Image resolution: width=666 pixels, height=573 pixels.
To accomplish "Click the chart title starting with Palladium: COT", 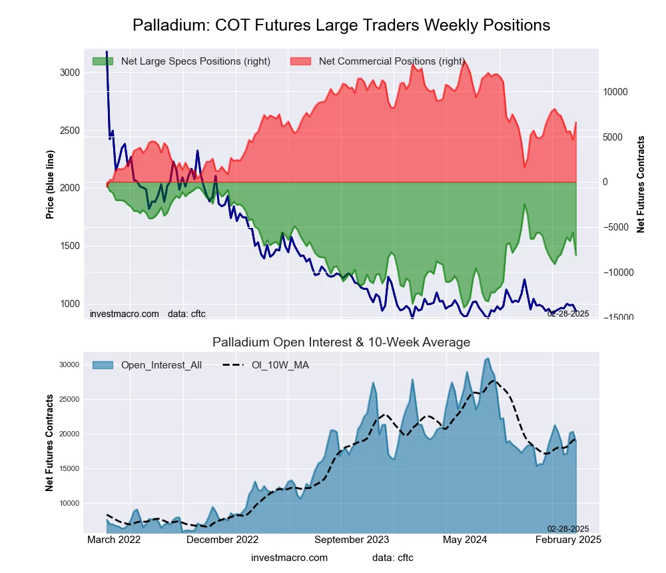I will pyautogui.click(x=341, y=25).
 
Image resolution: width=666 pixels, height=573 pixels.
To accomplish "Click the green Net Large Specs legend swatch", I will pyautogui.click(x=103, y=61).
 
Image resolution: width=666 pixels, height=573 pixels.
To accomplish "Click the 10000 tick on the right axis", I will pyautogui.click(x=616, y=92).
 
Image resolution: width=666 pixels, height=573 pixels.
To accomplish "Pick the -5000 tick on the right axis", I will pyautogui.click(x=616, y=227).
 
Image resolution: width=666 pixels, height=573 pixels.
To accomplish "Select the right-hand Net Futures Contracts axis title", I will pyautogui.click(x=641, y=185).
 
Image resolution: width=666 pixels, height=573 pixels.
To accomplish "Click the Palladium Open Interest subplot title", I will pyautogui.click(x=341, y=342).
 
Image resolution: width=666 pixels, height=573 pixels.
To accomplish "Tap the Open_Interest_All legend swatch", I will pyautogui.click(x=103, y=365).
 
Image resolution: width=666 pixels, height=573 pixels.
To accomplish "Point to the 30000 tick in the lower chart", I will pyautogui.click(x=69, y=364).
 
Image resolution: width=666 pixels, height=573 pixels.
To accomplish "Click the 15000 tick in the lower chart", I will pyautogui.click(x=69, y=468).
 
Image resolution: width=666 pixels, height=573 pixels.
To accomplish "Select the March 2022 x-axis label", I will pyautogui.click(x=114, y=540).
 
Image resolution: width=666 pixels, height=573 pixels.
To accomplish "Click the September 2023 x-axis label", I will pyautogui.click(x=352, y=540).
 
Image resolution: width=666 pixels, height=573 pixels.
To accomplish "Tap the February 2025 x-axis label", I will pyautogui.click(x=568, y=540).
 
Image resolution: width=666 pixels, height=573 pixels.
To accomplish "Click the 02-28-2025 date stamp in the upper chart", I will pyautogui.click(x=568, y=314).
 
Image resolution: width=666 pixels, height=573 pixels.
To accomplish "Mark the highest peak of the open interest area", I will pyautogui.click(x=488, y=358).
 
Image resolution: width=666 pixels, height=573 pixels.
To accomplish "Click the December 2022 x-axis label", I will pyautogui.click(x=222, y=540).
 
